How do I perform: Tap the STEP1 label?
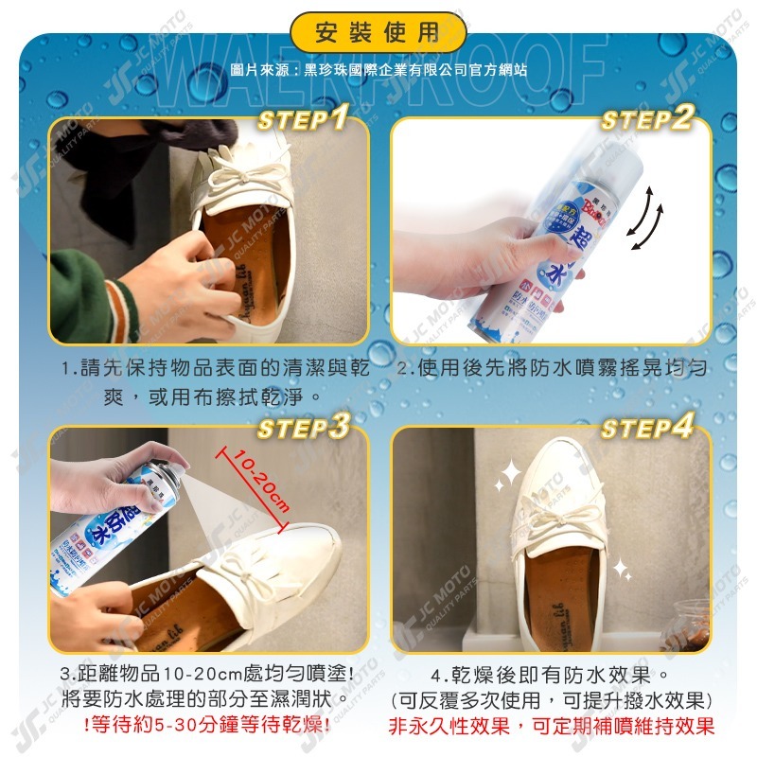pos(304,119)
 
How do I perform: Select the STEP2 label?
pos(647,119)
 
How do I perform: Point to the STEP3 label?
pos(304,428)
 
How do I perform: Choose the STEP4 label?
pos(647,428)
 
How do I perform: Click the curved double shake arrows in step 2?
pos(647,218)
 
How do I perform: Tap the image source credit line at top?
pos(378,70)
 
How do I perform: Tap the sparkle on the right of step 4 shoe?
pos(622,569)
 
